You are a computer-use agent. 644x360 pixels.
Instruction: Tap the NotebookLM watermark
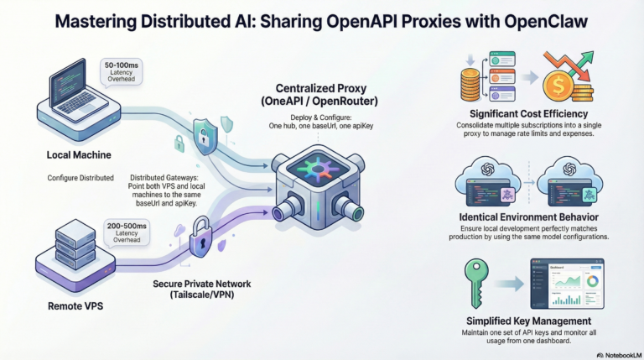[615, 354]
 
